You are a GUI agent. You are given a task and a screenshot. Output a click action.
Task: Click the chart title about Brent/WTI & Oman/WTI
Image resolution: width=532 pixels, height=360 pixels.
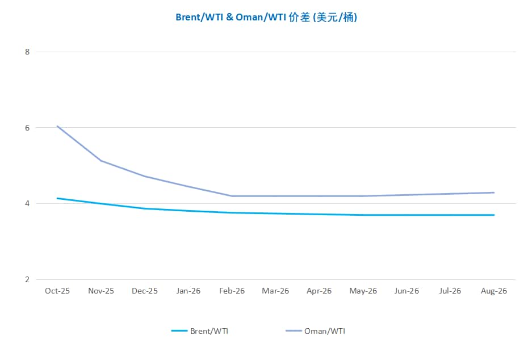[x=266, y=17]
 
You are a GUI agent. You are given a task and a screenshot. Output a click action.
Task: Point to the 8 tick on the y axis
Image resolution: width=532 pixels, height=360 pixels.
[x=27, y=52]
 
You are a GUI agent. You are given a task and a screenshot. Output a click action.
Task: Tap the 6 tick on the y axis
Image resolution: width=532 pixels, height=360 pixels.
[x=27, y=128]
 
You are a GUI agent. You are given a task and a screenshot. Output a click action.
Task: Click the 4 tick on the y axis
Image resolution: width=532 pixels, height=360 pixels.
[x=27, y=203]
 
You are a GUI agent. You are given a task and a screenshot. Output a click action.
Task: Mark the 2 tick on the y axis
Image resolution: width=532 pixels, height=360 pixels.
[x=27, y=279]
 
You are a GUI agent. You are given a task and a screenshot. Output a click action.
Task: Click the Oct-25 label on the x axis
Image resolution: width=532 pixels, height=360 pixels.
[x=57, y=291]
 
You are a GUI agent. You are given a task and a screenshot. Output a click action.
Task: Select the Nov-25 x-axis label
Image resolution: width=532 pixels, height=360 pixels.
[x=101, y=291]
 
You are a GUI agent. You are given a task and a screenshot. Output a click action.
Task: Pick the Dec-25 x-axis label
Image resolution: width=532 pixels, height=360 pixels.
[x=145, y=291]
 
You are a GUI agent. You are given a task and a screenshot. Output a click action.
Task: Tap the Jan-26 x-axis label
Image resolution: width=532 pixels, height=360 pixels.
[x=188, y=291]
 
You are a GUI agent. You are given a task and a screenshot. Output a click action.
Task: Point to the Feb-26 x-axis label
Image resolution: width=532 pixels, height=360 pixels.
[x=232, y=291]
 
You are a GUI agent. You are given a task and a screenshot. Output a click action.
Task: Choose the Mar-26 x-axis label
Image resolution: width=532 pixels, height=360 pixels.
[x=275, y=291]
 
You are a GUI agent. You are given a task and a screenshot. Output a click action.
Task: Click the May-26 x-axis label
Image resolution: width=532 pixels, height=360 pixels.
[x=363, y=291]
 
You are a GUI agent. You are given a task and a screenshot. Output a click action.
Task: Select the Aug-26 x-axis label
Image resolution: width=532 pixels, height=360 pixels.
[x=494, y=291]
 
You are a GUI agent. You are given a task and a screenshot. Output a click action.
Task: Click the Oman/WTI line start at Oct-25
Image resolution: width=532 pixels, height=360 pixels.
[x=57, y=126]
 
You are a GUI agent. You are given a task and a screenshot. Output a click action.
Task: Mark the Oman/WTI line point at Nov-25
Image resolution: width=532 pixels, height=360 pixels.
[x=101, y=161]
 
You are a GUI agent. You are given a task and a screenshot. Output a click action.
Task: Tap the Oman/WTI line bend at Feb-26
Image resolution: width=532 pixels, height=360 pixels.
[x=232, y=196]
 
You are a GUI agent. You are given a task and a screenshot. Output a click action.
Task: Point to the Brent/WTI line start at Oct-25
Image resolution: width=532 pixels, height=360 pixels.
[x=57, y=198]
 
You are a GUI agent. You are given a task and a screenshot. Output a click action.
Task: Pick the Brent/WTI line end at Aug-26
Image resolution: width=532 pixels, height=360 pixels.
[x=494, y=215]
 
